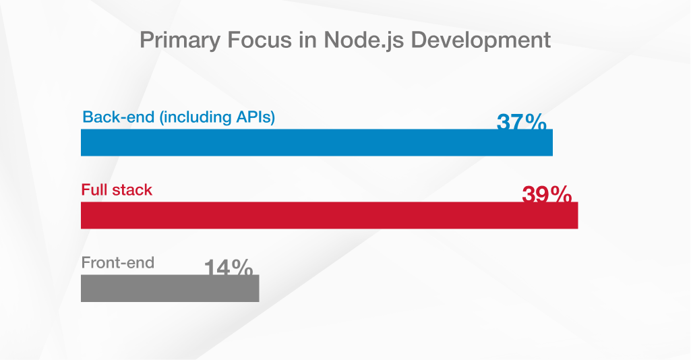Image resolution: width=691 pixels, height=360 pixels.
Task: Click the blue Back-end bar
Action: pos(317,142)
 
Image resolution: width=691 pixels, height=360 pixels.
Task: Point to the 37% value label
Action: pos(521,122)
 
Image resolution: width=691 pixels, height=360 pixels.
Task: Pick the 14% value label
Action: pos(229,268)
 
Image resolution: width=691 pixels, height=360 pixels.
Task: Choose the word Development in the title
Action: pos(481,40)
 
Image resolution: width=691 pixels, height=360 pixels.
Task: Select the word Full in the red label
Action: pos(94,190)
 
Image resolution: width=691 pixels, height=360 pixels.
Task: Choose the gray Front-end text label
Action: pos(118,262)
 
